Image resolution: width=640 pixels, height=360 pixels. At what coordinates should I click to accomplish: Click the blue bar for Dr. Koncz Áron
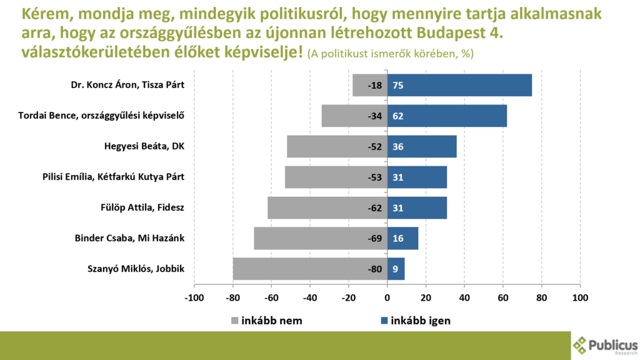point(459,85)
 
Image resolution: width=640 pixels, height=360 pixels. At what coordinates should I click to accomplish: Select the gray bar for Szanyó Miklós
point(310,269)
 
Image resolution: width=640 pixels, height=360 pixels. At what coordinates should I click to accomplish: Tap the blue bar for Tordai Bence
point(447,116)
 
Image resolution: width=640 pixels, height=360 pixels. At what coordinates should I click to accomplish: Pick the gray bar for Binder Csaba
point(321,239)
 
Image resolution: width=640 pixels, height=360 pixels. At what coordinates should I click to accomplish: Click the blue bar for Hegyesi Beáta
point(422,146)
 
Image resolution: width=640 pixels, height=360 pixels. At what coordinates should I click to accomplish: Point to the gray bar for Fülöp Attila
point(327,207)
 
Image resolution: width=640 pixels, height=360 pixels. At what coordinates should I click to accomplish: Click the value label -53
point(375,177)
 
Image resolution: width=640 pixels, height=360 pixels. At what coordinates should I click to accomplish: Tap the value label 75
point(398,85)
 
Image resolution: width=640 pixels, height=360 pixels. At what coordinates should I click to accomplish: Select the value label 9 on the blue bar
point(396,269)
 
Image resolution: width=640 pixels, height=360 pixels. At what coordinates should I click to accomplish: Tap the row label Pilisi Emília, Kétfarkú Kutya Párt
point(113,177)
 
